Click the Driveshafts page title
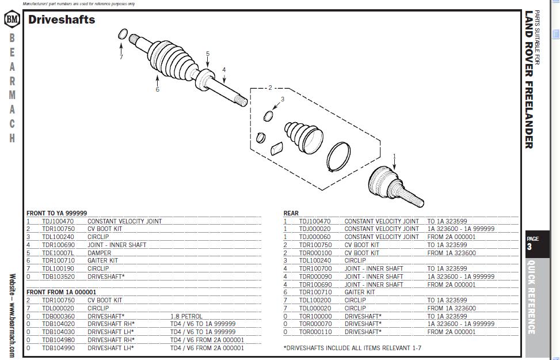click(62, 20)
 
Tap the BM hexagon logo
click(12, 19)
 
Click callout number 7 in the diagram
click(121, 57)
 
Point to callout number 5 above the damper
click(208, 54)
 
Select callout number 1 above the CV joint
click(394, 156)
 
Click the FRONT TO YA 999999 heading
click(57, 213)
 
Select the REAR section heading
click(291, 213)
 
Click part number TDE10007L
click(58, 253)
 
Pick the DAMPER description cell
click(100, 253)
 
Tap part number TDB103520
click(59, 276)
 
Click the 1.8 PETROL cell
click(186, 316)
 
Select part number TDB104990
click(59, 348)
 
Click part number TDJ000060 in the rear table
click(315, 237)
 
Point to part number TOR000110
click(315, 332)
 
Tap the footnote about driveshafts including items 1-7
click(352, 348)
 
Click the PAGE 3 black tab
click(537, 244)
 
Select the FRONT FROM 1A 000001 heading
click(62, 292)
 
